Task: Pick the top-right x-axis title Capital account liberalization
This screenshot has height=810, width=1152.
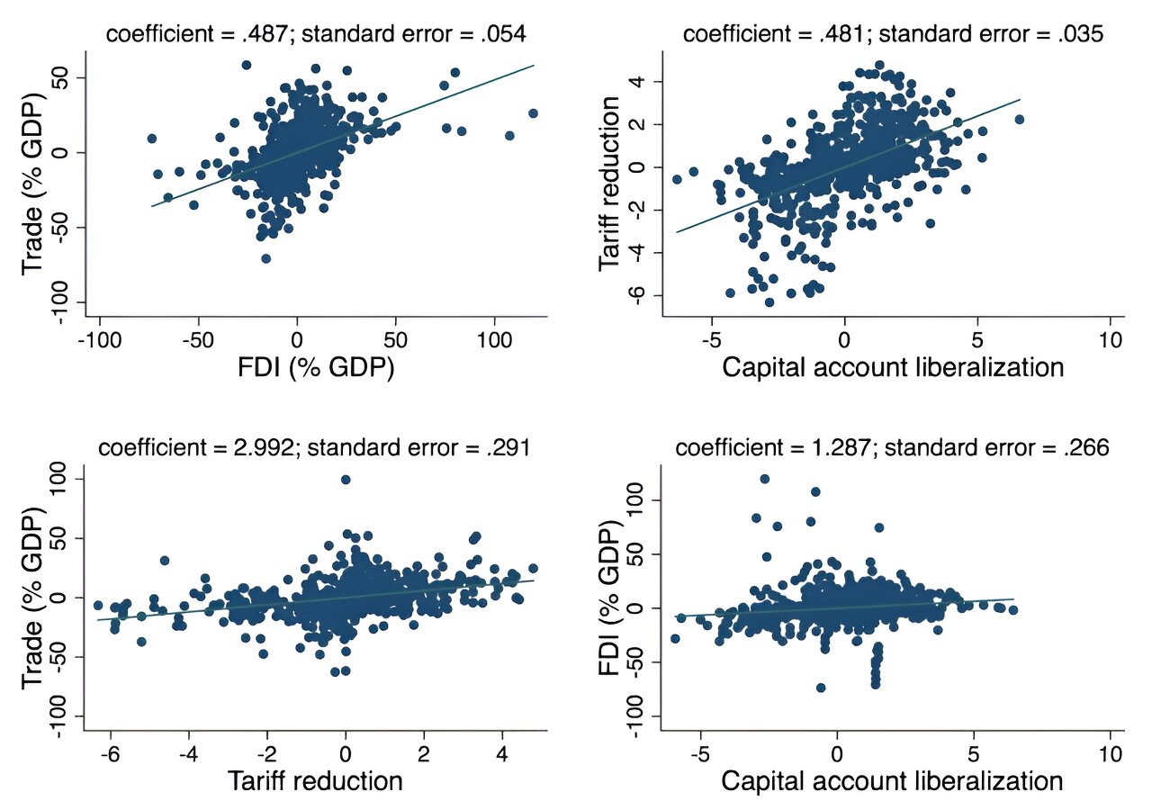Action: [x=893, y=368]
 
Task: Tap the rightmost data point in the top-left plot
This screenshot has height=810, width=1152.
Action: [x=533, y=113]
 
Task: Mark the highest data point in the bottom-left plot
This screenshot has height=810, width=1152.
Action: [x=346, y=480]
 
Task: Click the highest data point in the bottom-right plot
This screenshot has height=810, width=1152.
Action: [x=764, y=479]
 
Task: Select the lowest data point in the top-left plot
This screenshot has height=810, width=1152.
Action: [x=266, y=258]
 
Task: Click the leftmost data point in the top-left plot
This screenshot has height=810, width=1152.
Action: [x=151, y=139]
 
